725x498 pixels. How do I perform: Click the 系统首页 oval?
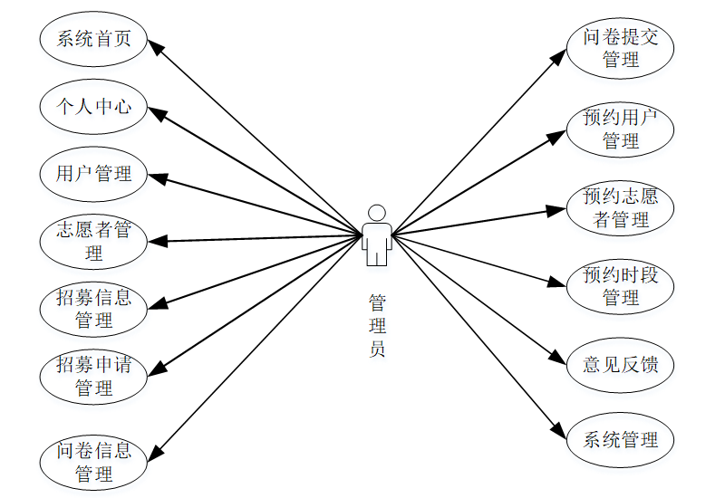pos(93,39)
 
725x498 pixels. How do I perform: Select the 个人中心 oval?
pos(93,107)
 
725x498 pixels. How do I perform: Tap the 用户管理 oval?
pos(93,173)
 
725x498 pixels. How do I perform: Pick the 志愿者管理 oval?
pos(93,241)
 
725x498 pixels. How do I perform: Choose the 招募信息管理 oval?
pos(93,308)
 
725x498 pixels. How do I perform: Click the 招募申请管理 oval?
pos(93,376)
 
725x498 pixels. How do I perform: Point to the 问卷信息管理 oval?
pos(93,462)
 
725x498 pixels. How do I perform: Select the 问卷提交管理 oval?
pos(621,49)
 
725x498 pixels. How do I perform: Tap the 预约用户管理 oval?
pos(621,129)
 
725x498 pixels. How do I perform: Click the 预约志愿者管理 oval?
pos(621,207)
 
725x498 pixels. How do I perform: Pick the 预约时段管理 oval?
pos(621,286)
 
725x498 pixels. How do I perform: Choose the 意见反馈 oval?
pos(621,365)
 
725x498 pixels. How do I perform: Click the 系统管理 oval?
pos(621,441)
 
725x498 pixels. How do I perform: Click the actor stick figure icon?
pos(377,235)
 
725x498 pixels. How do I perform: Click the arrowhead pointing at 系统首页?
pos(156,47)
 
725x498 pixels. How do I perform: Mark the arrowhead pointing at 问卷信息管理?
pos(158,451)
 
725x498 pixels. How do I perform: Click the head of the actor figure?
pos(377,213)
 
